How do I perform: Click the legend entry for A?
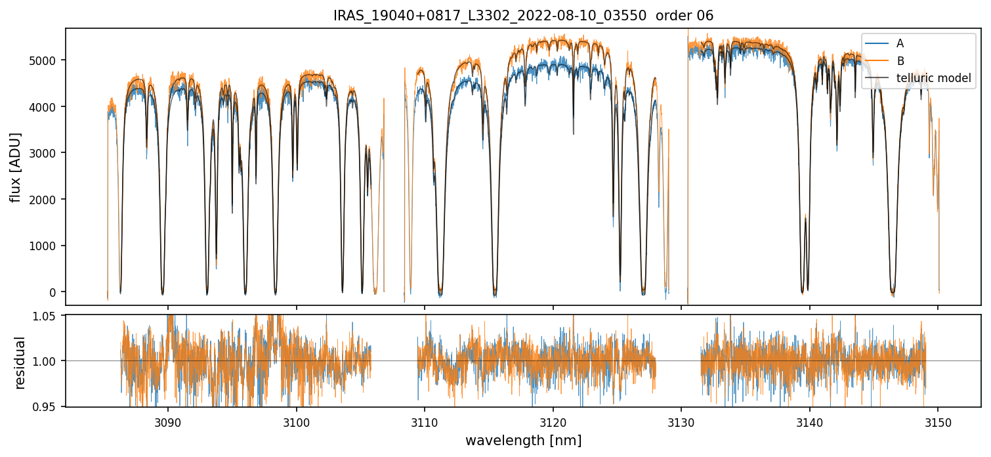click(x=900, y=43)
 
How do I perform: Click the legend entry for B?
click(x=900, y=61)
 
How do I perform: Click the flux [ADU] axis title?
click(x=15, y=167)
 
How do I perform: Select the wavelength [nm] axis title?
click(x=523, y=440)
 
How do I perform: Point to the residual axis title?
click(x=20, y=362)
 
